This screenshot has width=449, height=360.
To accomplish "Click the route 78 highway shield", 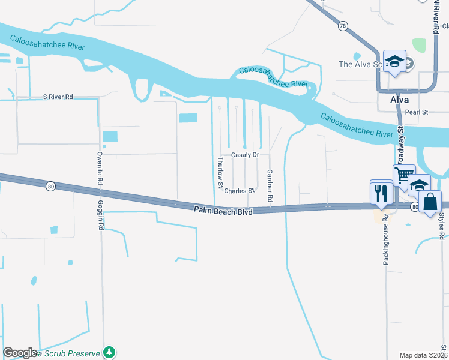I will [x=342, y=26].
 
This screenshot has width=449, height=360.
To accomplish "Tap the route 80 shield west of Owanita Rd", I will [x=50, y=187].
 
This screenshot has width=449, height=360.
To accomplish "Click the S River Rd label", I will [x=58, y=97].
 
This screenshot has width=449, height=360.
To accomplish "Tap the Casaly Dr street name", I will [x=245, y=155].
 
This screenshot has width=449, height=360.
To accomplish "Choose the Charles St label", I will [x=240, y=191].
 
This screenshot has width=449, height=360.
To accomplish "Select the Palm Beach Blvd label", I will [x=223, y=211].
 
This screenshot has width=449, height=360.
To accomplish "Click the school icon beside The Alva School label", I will [x=394, y=61].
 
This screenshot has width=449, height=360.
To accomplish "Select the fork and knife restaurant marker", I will [x=381, y=192].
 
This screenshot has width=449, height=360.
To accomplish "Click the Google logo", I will [x=20, y=353].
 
